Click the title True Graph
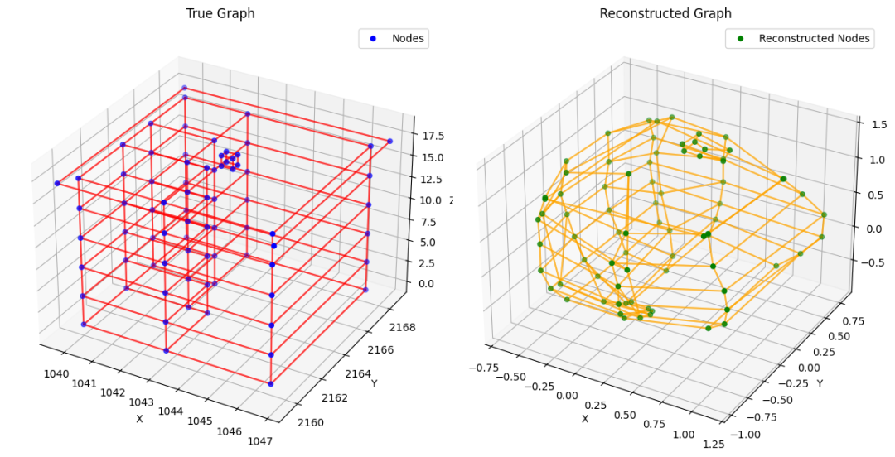[x=220, y=13]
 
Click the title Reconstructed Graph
[x=665, y=13]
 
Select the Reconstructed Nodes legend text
[x=815, y=38]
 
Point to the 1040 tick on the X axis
[x=56, y=373]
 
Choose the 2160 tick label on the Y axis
[x=312, y=422]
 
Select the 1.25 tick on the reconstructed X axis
[x=712, y=445]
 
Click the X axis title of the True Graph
[x=139, y=419]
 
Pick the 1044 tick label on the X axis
[x=172, y=411]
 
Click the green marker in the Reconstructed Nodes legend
[x=740, y=38]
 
